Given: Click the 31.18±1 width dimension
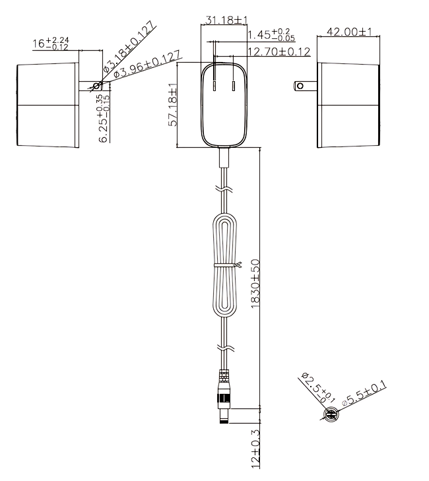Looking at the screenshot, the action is [226, 20].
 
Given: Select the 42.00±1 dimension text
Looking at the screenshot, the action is [349, 32].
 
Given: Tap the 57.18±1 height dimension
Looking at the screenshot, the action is [173, 104].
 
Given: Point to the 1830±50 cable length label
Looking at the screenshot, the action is [255, 284].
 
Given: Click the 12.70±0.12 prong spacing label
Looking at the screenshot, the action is [279, 51].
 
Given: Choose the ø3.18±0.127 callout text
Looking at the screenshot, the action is [129, 47].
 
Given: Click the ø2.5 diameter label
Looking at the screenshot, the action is [317, 388].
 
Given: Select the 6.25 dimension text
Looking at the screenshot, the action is [104, 118].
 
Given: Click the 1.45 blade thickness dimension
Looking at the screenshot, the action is [271, 35].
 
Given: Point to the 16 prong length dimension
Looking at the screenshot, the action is [51, 44].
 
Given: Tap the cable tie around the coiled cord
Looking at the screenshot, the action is [227, 265].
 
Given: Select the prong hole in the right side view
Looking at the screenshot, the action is [300, 86].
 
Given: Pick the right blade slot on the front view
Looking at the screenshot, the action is [234, 86].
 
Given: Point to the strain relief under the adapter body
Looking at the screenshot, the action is [224, 158].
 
